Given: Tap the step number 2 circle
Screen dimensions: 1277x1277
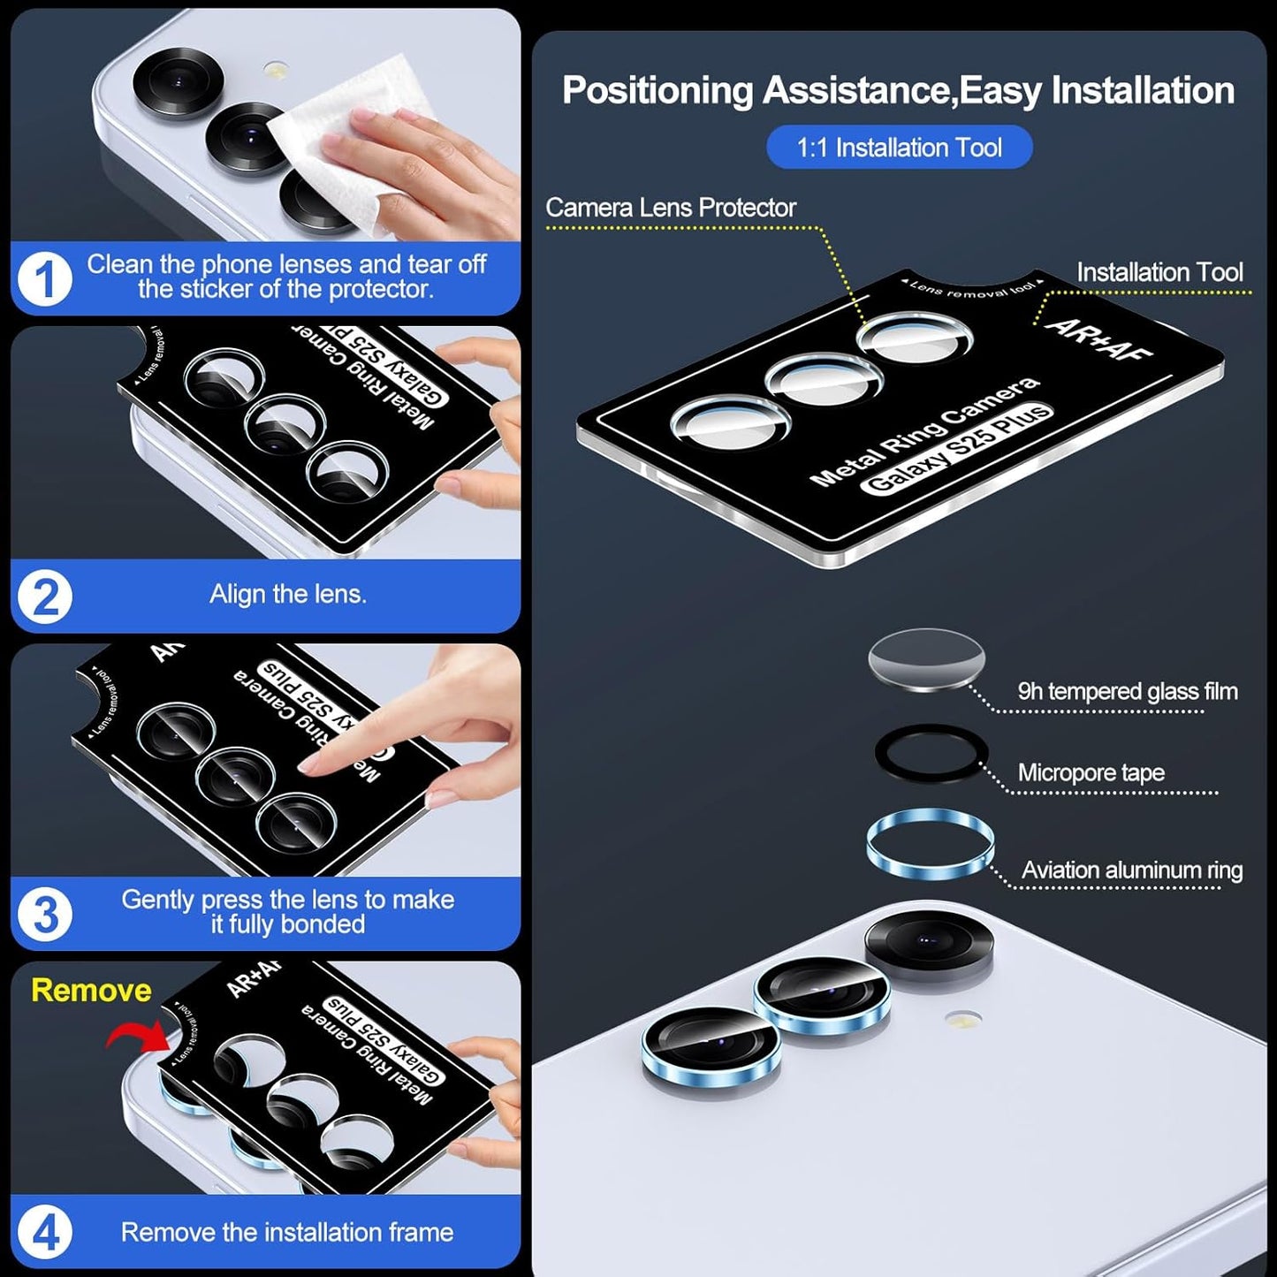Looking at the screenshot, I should (45, 597).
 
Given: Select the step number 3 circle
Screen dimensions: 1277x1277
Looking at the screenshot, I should (45, 915).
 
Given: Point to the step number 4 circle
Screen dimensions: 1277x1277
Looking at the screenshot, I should (45, 1232).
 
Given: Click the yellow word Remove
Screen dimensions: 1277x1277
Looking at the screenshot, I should (91, 990).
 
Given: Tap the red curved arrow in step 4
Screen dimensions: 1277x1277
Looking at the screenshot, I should (134, 1034).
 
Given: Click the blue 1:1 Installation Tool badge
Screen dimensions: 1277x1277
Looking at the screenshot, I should (899, 148).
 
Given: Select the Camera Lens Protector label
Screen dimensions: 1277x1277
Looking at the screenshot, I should (670, 208).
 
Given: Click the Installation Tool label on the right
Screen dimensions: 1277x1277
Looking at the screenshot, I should (1159, 272).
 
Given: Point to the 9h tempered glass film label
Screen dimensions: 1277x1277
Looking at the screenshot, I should (1127, 691).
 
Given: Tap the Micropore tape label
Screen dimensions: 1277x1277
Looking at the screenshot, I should (1091, 772).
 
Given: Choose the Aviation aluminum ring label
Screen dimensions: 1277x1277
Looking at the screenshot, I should (1131, 870).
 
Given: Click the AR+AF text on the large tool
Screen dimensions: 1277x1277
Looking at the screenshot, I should (1098, 339).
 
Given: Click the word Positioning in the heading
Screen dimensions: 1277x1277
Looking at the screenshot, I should (657, 91).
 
